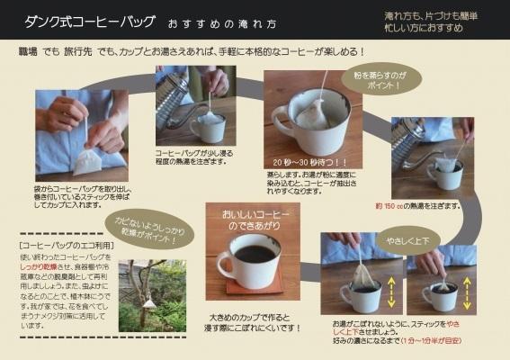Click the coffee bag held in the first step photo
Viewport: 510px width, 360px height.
[88, 162]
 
